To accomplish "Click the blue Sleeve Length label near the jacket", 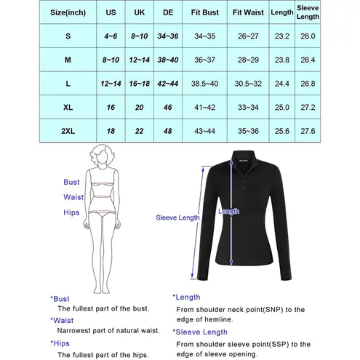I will (x=177, y=216).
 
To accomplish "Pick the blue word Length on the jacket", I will (x=228, y=211).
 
